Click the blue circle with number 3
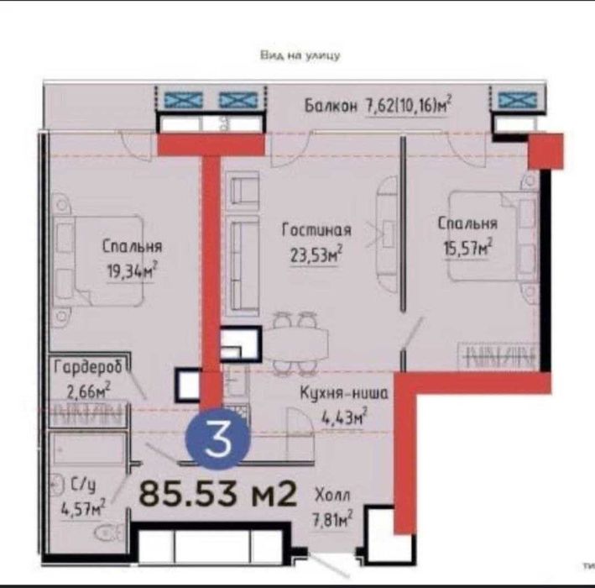(x=217, y=440)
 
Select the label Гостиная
(x=316, y=230)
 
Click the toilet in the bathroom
(x=104, y=531)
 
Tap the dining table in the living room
(x=298, y=344)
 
